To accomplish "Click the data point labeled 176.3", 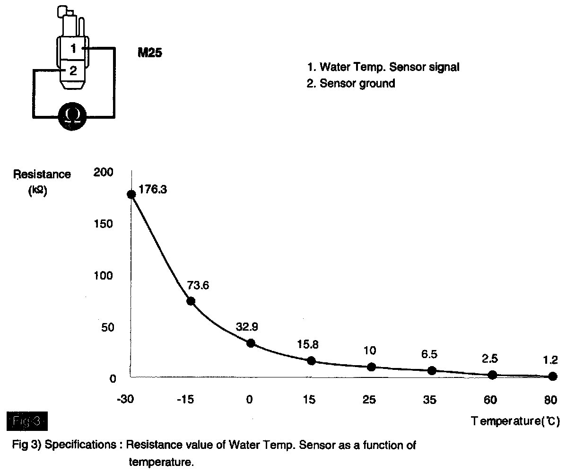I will tap(131, 194).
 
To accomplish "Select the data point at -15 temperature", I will tap(191, 301).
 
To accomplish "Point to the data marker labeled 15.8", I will tap(311, 360).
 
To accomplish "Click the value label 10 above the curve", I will tap(370, 350).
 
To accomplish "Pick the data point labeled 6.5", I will tap(432, 370).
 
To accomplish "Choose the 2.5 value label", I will tap(490, 358).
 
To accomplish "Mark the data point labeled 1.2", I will tap(553, 377).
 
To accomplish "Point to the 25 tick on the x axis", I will tap(369, 400).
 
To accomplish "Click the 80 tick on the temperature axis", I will tap(551, 400).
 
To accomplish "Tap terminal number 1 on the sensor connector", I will tap(73, 48).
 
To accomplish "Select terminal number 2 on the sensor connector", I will tap(73, 71).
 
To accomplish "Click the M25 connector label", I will tap(150, 53).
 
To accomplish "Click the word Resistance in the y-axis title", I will tap(43, 175).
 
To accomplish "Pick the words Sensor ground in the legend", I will tap(357, 84).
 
